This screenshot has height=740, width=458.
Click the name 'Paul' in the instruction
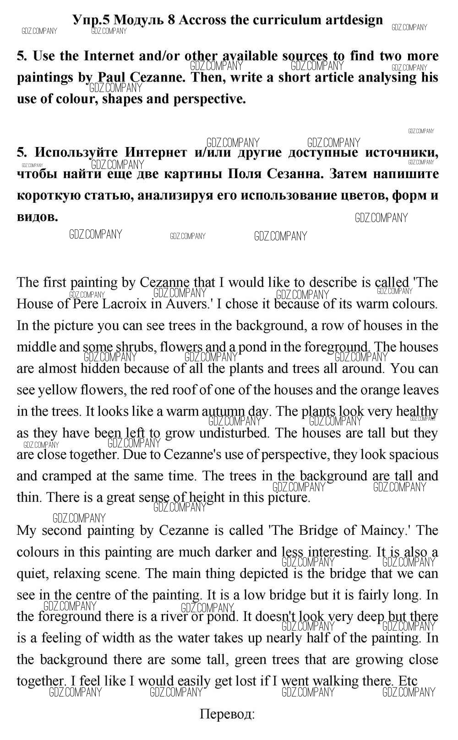tap(113, 77)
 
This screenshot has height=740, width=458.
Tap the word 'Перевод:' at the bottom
tap(227, 714)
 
